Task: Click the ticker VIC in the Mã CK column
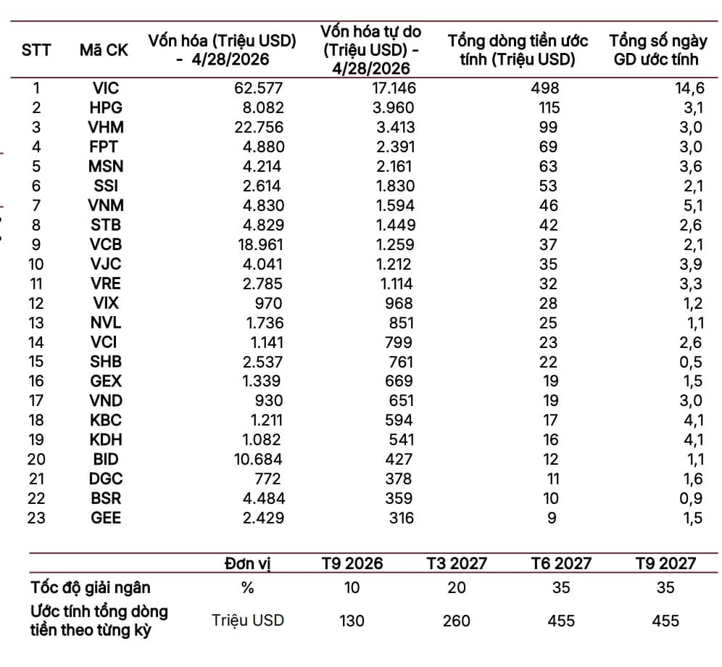(106, 88)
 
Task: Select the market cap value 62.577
(258, 88)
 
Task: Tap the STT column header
(36, 50)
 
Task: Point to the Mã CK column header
(104, 50)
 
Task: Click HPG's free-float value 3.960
(393, 108)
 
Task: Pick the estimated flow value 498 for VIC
(545, 88)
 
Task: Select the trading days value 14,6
(689, 88)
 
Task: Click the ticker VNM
(106, 205)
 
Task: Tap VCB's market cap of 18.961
(261, 244)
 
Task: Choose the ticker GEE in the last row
(106, 518)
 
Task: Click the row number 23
(36, 518)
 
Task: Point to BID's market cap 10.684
(258, 459)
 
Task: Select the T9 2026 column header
(352, 563)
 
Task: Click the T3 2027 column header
(457, 563)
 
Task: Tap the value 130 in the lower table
(352, 621)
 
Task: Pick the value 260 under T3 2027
(456, 621)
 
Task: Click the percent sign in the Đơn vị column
(248, 588)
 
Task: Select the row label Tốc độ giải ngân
(91, 588)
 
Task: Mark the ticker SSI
(106, 186)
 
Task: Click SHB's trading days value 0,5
(691, 362)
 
